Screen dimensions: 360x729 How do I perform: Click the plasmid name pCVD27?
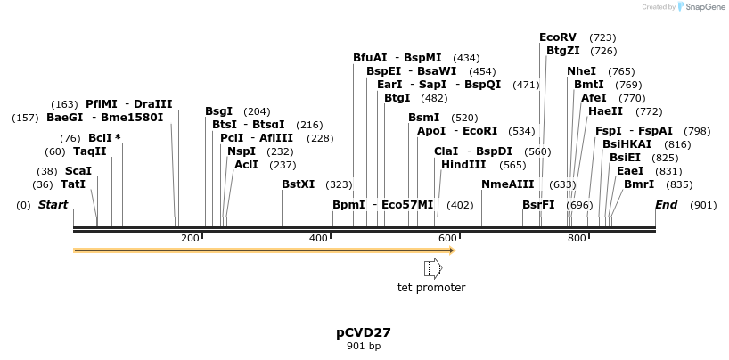point(364,332)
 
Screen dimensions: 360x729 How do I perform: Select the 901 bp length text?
point(364,346)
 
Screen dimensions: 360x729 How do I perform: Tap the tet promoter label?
point(431,287)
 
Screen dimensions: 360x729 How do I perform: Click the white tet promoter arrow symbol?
point(432,267)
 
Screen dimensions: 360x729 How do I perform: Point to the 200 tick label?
point(190,238)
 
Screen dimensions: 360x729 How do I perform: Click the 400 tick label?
point(319,238)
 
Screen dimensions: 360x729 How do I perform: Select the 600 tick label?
point(447,238)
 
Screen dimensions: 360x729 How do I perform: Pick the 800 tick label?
point(577,238)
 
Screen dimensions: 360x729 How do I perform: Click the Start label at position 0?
point(53,205)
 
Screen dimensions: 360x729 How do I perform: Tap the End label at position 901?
point(666,205)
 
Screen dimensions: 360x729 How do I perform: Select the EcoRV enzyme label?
point(558,37)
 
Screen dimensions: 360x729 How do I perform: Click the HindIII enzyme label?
point(463,164)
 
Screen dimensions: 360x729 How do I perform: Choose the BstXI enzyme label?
point(298,184)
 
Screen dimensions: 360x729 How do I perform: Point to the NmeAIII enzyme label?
point(507,184)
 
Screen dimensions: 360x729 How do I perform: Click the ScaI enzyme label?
point(78,171)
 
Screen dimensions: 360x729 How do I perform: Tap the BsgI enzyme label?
point(218,111)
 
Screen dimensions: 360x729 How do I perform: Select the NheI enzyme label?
point(581,71)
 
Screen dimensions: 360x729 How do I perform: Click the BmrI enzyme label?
point(638,184)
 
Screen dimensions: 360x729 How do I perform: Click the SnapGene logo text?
point(706,7)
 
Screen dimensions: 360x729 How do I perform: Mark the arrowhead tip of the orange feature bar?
point(455,250)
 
